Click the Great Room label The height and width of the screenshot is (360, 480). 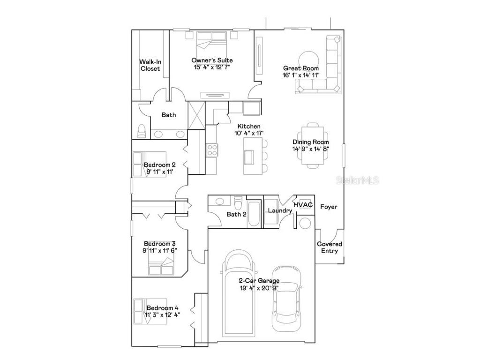(300, 68)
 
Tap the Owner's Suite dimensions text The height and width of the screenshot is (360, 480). (212, 67)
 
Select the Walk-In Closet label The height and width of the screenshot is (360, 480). (150, 65)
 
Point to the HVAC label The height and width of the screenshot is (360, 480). (302, 205)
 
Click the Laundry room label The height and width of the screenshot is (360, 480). (280, 210)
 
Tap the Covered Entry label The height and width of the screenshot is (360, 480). (330, 247)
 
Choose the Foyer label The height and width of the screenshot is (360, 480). (329, 207)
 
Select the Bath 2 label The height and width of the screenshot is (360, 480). (236, 215)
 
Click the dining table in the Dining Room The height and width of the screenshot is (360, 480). (311, 145)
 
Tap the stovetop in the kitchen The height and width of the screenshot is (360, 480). (211, 150)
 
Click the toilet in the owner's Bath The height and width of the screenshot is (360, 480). (142, 131)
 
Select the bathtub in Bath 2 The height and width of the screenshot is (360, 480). (255, 214)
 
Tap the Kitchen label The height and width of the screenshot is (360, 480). (248, 127)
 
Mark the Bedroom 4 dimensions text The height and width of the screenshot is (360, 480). (162, 315)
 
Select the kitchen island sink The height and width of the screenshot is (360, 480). (248, 156)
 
